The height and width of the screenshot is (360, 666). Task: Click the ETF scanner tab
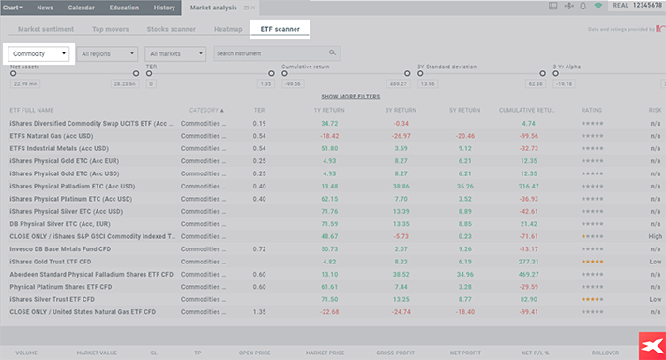pos(280,29)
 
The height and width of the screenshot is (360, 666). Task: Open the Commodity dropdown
pos(40,53)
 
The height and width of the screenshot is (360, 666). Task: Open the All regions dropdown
pos(108,53)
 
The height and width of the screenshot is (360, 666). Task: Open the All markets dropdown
pos(176,53)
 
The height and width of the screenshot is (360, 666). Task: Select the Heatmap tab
pos(228,29)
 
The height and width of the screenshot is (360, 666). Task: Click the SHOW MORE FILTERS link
pos(350,97)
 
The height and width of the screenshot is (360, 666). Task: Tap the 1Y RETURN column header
pos(329,110)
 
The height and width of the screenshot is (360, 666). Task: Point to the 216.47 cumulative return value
pos(528,186)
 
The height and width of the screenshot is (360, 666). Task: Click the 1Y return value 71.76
pos(329,211)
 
